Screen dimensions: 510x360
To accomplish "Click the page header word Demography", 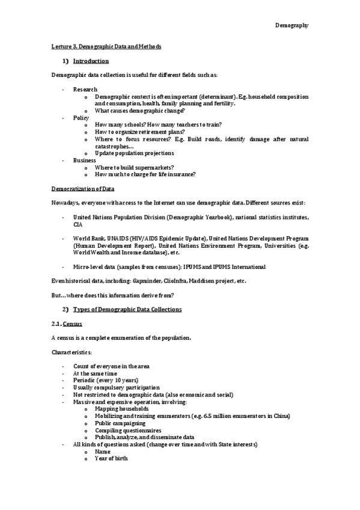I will tap(291, 25).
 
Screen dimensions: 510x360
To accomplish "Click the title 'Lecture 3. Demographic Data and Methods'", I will tap(106, 46).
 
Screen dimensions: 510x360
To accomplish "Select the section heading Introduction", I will tap(91, 61).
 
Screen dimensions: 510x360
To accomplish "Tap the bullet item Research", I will tap(85, 89).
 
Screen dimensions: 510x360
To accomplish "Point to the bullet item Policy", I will tap(81, 118).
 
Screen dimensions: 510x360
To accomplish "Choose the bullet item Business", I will tap(84, 161).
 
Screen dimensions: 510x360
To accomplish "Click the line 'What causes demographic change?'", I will tap(139, 111).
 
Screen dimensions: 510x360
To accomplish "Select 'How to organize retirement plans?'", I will tap(139, 132).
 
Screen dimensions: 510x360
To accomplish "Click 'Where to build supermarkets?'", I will tap(134, 167).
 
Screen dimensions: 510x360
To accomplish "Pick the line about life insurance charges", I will tap(145, 174).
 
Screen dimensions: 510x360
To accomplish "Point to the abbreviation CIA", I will tap(78, 224).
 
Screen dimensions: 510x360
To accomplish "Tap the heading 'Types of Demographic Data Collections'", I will tap(127, 309).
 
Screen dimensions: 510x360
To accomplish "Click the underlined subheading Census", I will tap(72, 324).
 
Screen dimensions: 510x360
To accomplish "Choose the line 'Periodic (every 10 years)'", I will tap(105, 380).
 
